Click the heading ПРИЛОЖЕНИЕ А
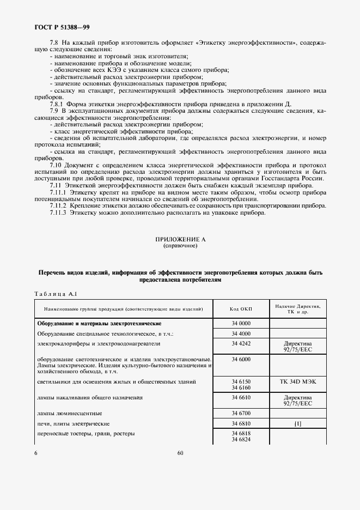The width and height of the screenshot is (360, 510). point(180,239)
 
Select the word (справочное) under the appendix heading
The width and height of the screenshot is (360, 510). point(180,246)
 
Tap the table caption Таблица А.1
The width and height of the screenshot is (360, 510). point(55,294)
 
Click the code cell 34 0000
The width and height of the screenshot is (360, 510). point(241,323)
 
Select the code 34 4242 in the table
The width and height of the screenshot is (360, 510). point(241,344)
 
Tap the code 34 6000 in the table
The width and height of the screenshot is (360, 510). point(241,360)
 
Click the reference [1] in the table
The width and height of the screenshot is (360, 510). point(297,423)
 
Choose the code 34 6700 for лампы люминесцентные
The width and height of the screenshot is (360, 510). point(241,414)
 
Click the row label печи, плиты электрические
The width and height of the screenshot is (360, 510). point(74,423)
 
